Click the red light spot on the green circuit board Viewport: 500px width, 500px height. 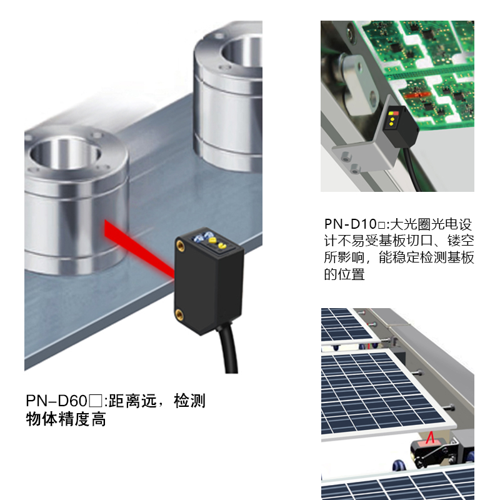[x=417, y=96]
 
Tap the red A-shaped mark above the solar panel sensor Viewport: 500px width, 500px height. [x=430, y=439]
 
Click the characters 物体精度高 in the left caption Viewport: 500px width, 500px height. [x=66, y=419]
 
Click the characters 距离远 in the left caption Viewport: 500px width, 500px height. [x=135, y=401]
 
